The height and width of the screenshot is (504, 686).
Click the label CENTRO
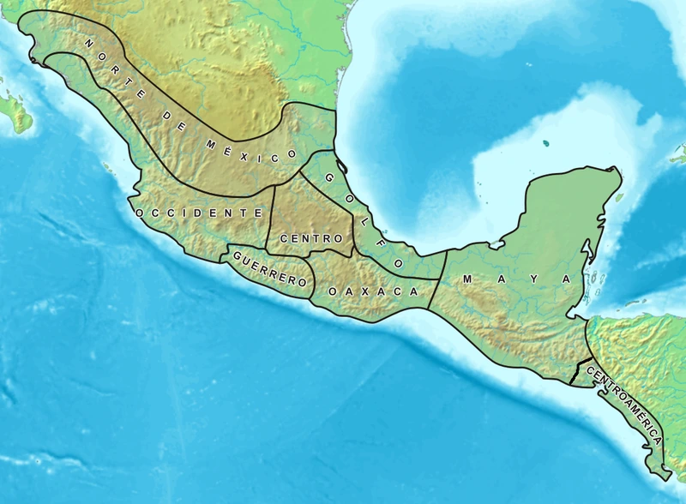click(x=300, y=237)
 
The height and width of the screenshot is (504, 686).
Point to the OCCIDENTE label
click(x=198, y=212)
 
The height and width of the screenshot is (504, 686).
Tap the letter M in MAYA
click(x=467, y=280)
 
